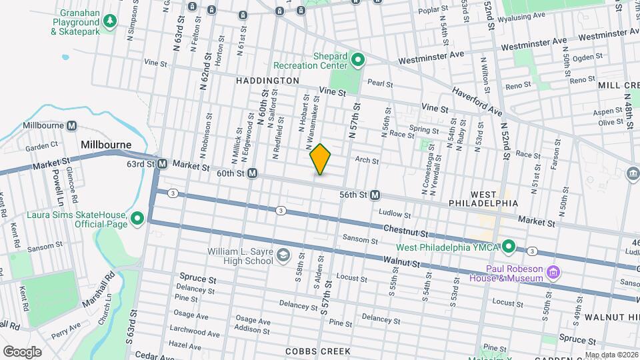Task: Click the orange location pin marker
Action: tap(321, 159)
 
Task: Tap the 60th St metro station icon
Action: tap(253, 173)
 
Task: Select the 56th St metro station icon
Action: tap(375, 195)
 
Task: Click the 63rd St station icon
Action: tap(161, 163)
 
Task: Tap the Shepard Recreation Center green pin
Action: tap(357, 61)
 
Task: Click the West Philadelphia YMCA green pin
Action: tap(509, 247)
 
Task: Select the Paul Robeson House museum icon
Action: tap(552, 272)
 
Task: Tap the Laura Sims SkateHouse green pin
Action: tap(137, 219)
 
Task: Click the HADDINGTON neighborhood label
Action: tap(267, 80)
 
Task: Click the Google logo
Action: tap(22, 351)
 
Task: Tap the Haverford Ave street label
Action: tap(477, 100)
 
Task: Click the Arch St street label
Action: tap(367, 161)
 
